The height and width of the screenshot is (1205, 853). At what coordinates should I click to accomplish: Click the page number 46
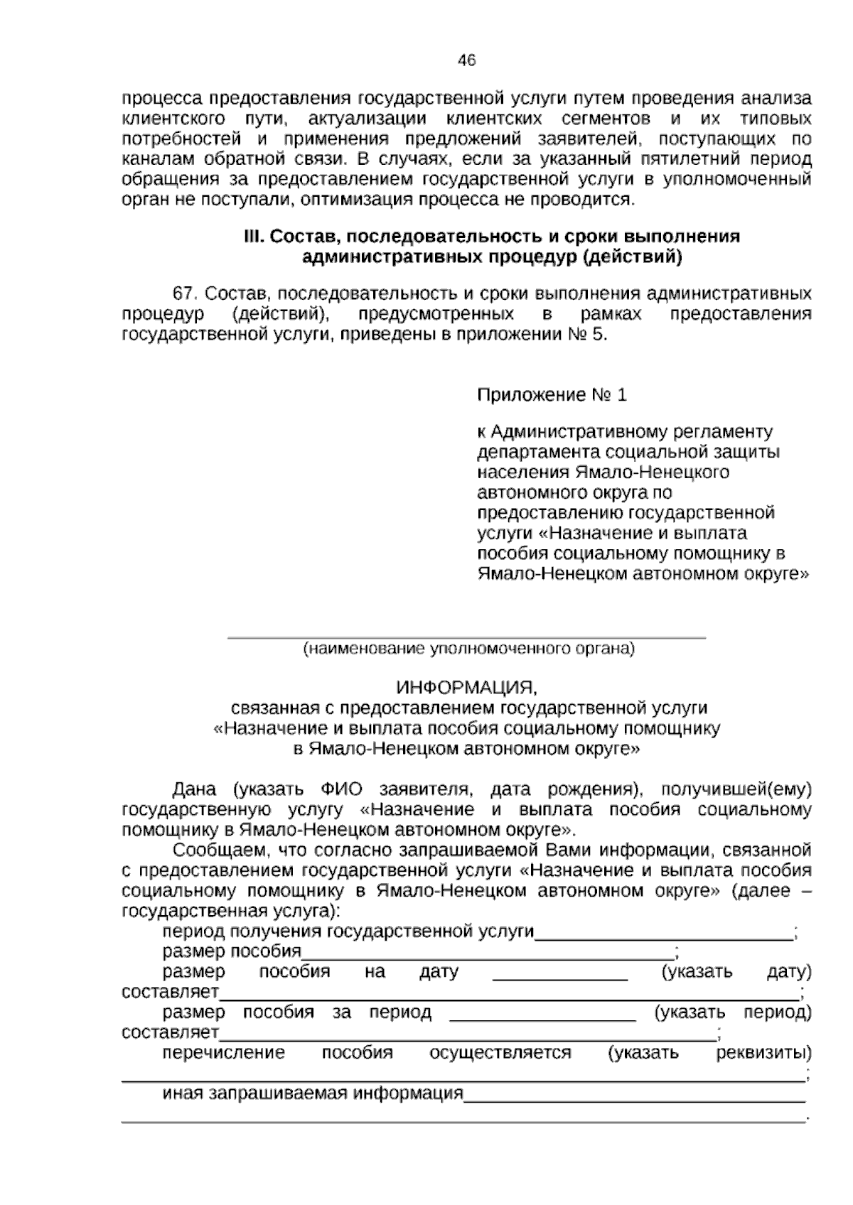[466, 60]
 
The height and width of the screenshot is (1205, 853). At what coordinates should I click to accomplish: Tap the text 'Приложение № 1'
[552, 395]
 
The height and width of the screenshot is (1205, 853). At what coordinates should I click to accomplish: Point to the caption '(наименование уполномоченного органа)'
[468, 649]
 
